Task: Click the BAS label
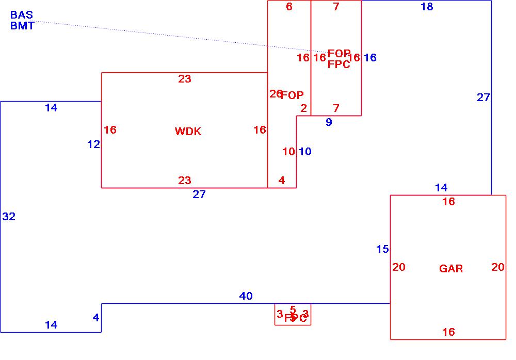coord(22,15)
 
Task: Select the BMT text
coord(22,26)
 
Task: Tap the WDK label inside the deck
coord(188,132)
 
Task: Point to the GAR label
coord(451,269)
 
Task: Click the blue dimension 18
coord(427,7)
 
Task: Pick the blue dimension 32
coord(9,217)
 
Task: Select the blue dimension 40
coord(246,296)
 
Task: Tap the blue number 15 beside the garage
coord(382,249)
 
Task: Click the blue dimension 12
coord(93,144)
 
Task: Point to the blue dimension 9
coord(329,122)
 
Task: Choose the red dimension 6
coord(289,7)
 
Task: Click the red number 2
coord(303,108)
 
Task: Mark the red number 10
coord(288,152)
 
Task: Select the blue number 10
coord(305,152)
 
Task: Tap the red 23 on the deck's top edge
coord(185,79)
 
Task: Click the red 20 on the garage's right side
coord(497,267)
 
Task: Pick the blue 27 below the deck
coord(199,194)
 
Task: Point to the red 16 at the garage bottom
coord(448,332)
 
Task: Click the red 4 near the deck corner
coord(282,181)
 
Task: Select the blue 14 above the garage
coord(441,188)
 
